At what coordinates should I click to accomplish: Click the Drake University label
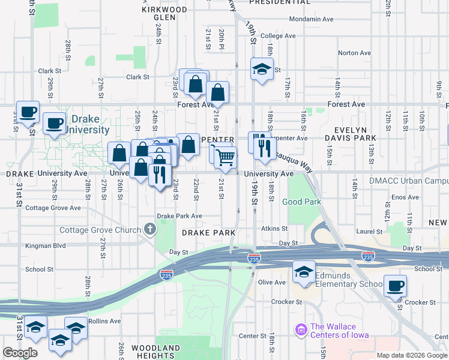click(x=87, y=124)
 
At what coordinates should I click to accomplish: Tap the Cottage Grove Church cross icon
click(x=149, y=229)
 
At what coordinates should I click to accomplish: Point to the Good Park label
click(x=304, y=202)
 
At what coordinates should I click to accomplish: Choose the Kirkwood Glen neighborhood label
click(x=164, y=13)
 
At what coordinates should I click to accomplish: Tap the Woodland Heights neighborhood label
click(x=156, y=352)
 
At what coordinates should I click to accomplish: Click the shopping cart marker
click(x=225, y=157)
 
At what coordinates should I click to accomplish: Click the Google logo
click(x=20, y=353)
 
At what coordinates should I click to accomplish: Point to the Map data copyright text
click(x=411, y=355)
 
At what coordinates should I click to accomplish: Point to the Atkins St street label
click(x=275, y=228)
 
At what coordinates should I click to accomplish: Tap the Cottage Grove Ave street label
click(x=55, y=208)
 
